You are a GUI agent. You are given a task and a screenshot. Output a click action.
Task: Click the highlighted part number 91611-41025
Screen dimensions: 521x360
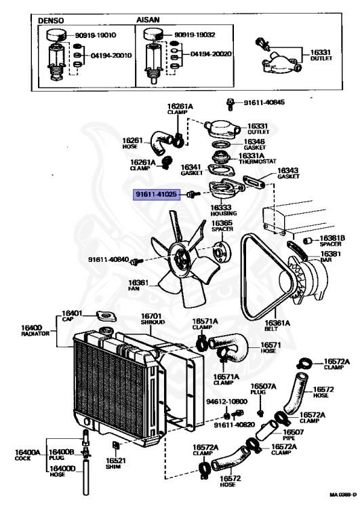(x=157, y=194)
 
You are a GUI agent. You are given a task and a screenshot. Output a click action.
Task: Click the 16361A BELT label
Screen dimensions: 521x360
(x=275, y=326)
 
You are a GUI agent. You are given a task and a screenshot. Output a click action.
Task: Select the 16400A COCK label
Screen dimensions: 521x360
(x=28, y=455)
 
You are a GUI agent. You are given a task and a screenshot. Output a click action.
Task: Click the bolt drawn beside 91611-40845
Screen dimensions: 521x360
(x=231, y=103)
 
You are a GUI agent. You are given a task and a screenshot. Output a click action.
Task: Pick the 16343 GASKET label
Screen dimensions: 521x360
(x=287, y=174)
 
